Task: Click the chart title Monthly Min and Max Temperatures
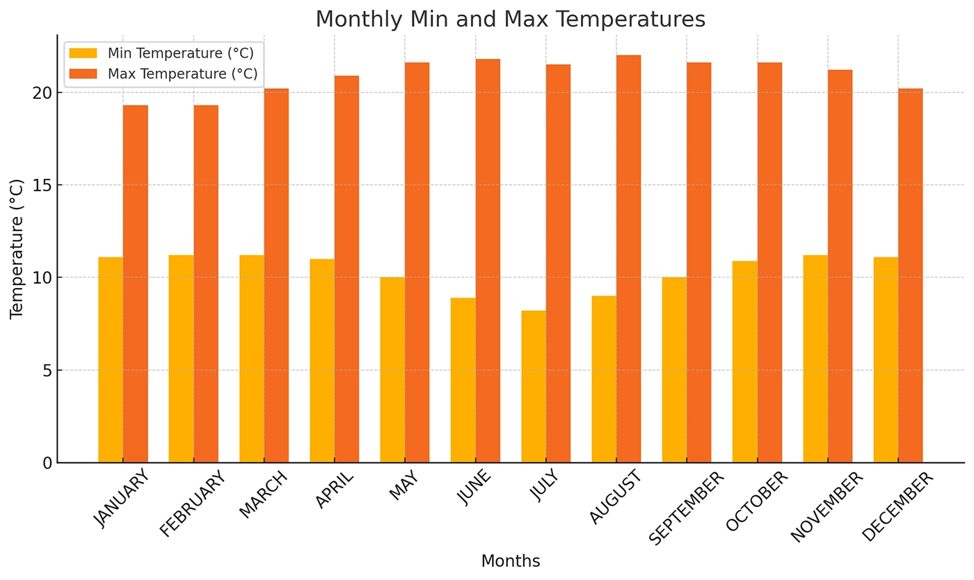click(510, 19)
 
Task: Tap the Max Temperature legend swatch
click(83, 74)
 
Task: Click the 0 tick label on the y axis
click(47, 463)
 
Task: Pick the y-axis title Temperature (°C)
click(17, 249)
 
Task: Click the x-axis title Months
click(510, 561)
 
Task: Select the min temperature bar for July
click(534, 387)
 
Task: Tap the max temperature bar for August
click(628, 259)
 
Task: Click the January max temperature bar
click(136, 284)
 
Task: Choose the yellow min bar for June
click(463, 380)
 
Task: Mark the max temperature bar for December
click(910, 275)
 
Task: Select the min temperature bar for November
click(815, 359)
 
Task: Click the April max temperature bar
click(346, 269)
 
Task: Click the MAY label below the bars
click(404, 485)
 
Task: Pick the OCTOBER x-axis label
click(758, 501)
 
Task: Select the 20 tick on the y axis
click(42, 93)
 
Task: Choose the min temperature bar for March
click(252, 359)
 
